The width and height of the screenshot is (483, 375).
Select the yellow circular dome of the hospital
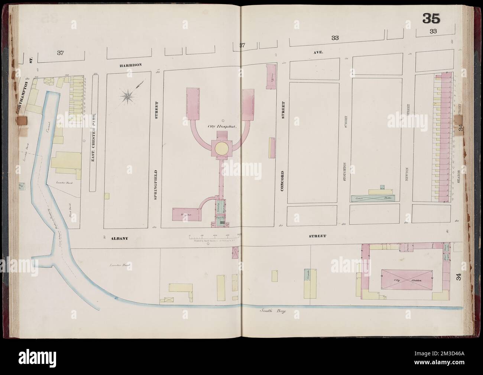(219, 148)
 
